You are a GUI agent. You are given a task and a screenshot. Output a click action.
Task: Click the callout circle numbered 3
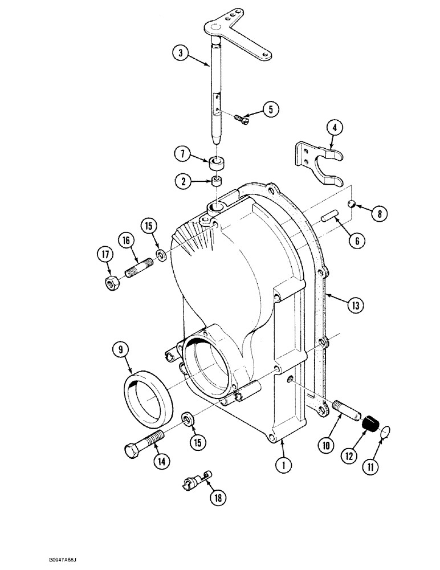pyautogui.click(x=180, y=55)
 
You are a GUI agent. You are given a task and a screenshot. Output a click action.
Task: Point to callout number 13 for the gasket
pyautogui.click(x=356, y=307)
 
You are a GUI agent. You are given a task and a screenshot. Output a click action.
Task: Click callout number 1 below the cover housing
pyautogui.click(x=280, y=465)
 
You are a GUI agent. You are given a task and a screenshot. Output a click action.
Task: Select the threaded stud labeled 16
pyautogui.click(x=136, y=267)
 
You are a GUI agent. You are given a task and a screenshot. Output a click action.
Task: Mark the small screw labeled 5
pyautogui.click(x=241, y=117)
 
